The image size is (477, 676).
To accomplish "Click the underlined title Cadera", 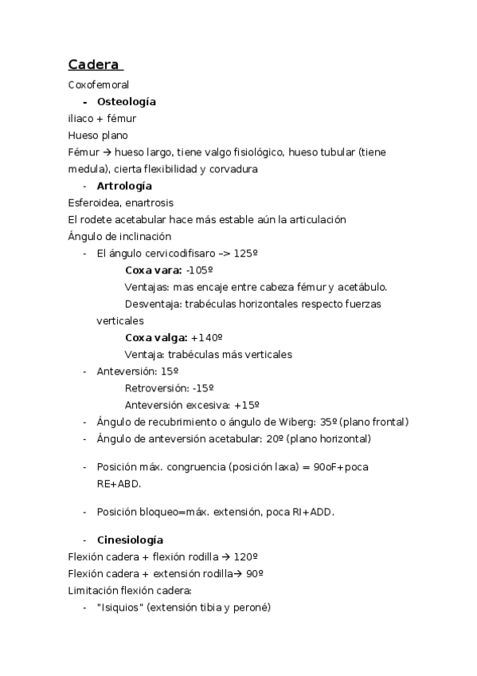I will (x=93, y=64).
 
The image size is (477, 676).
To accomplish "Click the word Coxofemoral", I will (x=99, y=84).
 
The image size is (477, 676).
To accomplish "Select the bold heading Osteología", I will (x=126, y=102).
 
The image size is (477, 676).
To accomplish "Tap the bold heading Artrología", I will (x=124, y=186).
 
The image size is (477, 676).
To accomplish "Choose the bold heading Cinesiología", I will (x=130, y=540).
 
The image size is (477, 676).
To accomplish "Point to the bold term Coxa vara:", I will (x=153, y=270).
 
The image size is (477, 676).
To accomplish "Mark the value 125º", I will (x=246, y=253).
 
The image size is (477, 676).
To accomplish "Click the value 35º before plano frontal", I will (x=326, y=422).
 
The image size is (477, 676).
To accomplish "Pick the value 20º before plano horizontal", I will (x=273, y=438).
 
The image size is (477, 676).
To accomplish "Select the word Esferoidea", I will (x=95, y=202).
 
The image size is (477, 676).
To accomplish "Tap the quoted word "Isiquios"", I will (x=119, y=607).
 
